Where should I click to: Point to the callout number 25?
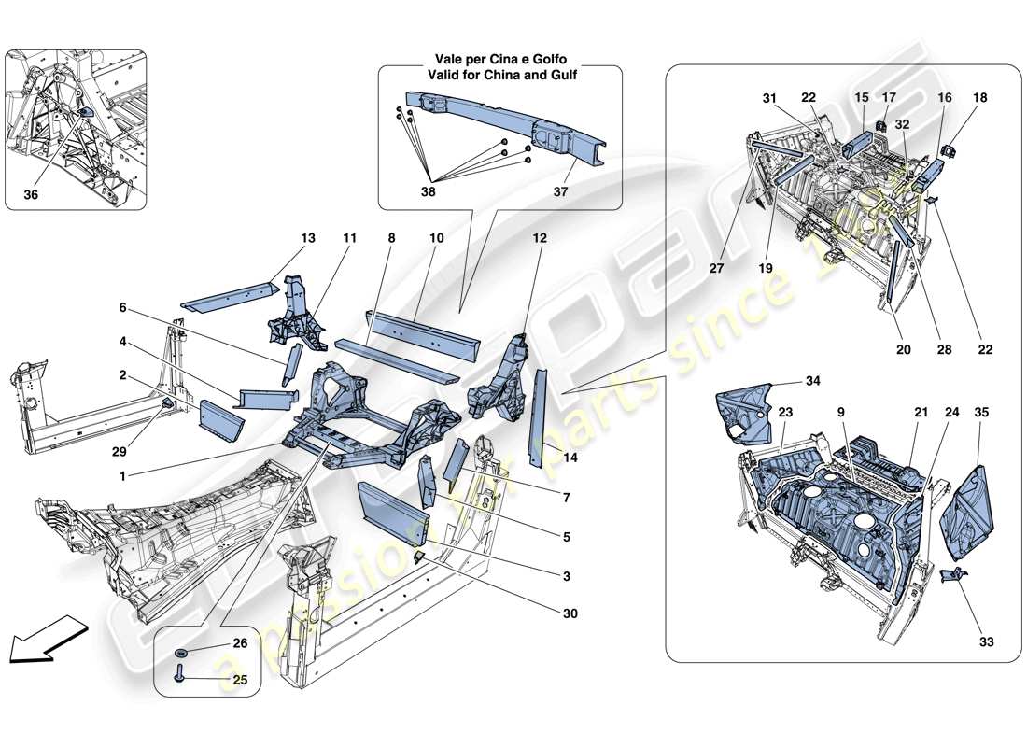click(240, 680)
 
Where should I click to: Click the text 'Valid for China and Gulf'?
click(499, 75)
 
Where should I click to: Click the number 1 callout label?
click(123, 475)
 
